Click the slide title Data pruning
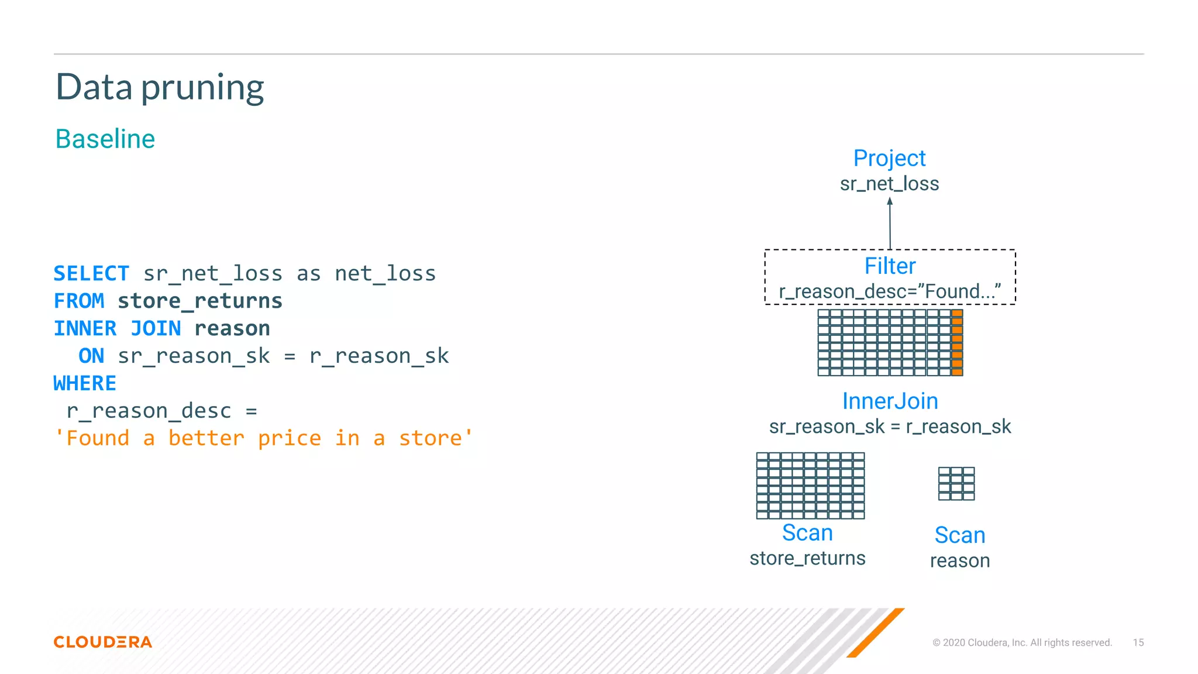pyautogui.click(x=160, y=88)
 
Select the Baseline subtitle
pyautogui.click(x=105, y=139)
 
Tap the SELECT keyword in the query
pyautogui.click(x=91, y=274)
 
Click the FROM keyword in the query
pyautogui.click(x=79, y=301)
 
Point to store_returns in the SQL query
pyautogui.click(x=199, y=301)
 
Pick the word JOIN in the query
pyautogui.click(x=156, y=329)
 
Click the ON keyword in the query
pyautogui.click(x=91, y=356)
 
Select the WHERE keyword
pyautogui.click(x=85, y=384)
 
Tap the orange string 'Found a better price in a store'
pyautogui.click(x=263, y=438)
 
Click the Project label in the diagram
pyautogui.click(x=889, y=159)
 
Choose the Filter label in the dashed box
pyautogui.click(x=890, y=266)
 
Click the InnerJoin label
pyautogui.click(x=890, y=401)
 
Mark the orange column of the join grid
pyautogui.click(x=957, y=343)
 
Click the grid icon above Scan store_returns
pyautogui.click(x=810, y=486)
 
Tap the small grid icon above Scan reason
pyautogui.click(x=956, y=484)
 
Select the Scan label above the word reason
pyautogui.click(x=960, y=535)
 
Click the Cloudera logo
pyautogui.click(x=103, y=642)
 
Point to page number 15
pyautogui.click(x=1138, y=642)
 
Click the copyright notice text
pyautogui.click(x=1022, y=642)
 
